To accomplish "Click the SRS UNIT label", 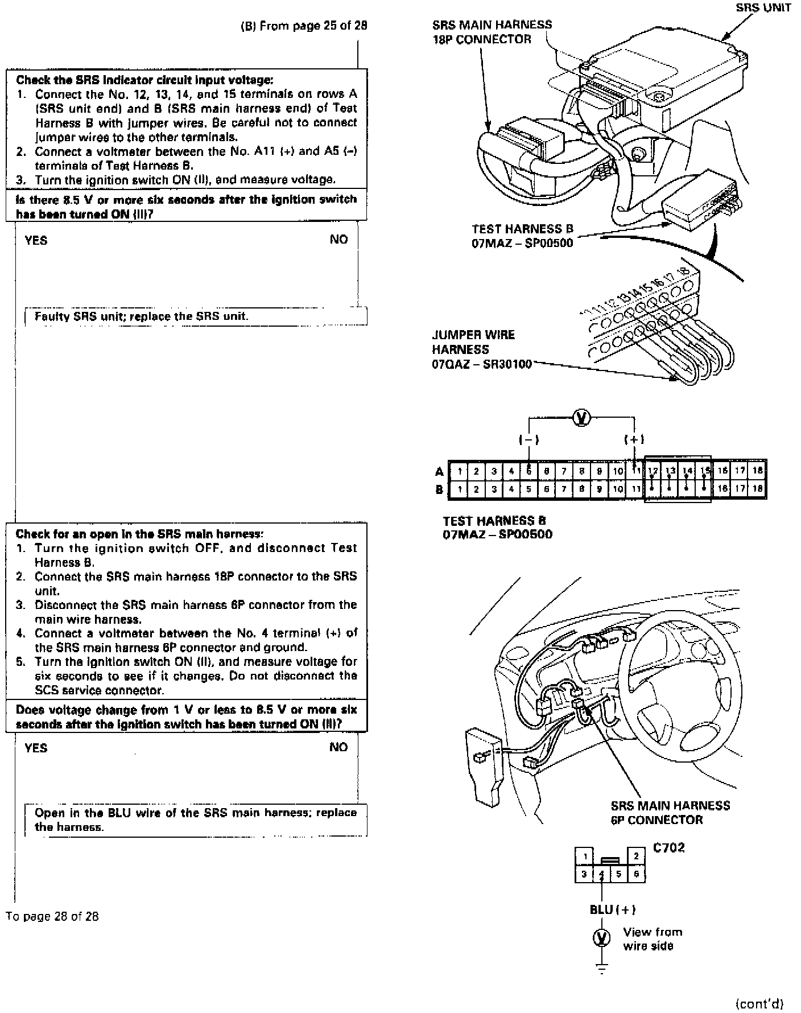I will tap(763, 8).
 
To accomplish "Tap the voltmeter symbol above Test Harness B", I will tap(581, 418).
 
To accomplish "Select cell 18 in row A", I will tap(757, 470).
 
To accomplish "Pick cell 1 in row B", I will tap(459, 488).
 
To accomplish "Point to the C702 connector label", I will tap(668, 847).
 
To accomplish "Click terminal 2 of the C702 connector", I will tap(636, 856).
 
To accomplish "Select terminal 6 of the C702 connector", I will tap(636, 874).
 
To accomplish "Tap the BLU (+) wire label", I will tap(612, 909).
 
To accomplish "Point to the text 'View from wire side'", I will tap(652, 939).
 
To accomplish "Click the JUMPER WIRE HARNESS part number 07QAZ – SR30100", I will tap(481, 364).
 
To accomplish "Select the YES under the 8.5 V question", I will tap(36, 240).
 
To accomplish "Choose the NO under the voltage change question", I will tap(338, 747).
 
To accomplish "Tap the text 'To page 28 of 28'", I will tap(52, 916).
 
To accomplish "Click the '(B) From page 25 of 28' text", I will tap(304, 26).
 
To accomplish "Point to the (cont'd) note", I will tap(759, 1003).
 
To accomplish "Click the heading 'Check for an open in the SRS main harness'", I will tap(139, 534).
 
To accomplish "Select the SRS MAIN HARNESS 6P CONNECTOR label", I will tap(670, 813).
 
